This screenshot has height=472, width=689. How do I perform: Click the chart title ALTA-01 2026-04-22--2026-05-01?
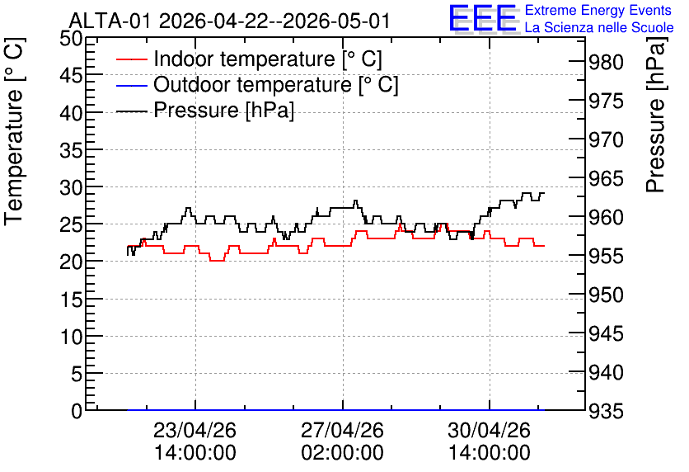(230, 21)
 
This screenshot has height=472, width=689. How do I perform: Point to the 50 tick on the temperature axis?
(71, 39)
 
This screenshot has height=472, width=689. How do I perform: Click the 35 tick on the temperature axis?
(71, 151)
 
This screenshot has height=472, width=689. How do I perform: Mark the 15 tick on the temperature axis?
(71, 300)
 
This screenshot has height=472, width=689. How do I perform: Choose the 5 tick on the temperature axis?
(77, 375)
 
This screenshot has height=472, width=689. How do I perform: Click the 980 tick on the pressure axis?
(607, 63)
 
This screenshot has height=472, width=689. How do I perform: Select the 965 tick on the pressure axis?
(607, 178)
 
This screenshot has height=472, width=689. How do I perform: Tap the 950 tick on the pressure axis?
(607, 295)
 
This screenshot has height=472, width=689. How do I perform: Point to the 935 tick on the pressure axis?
(607, 411)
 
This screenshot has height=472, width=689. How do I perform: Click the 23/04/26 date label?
(195, 430)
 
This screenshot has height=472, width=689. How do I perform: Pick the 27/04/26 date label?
(342, 430)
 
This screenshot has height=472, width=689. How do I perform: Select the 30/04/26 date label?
(490, 430)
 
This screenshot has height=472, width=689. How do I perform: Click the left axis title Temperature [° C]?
(14, 132)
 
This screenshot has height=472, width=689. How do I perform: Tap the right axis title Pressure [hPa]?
(655, 115)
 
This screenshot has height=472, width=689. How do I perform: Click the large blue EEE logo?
(483, 18)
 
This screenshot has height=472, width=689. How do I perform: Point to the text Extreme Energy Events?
(598, 10)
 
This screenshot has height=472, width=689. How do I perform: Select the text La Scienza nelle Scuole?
(599, 27)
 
